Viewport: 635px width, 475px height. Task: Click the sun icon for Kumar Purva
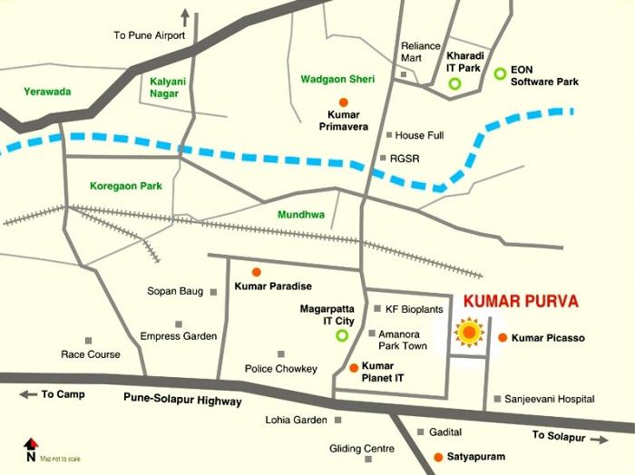(x=468, y=334)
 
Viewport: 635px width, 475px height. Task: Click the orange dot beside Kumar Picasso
(x=503, y=338)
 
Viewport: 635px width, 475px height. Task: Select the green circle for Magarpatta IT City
(x=342, y=335)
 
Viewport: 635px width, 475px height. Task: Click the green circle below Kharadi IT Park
(x=454, y=84)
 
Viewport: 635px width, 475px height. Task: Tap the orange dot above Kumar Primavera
(x=343, y=102)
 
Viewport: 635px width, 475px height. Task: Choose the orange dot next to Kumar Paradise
(x=256, y=272)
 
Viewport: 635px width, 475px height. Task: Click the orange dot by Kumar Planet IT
(x=354, y=367)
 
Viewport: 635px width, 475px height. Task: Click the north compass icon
(x=31, y=445)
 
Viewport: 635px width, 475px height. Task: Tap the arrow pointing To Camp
(x=28, y=394)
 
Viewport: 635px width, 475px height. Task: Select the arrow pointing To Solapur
(x=600, y=439)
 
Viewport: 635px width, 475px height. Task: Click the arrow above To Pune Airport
(x=186, y=16)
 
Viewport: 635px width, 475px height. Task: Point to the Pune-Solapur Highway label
(x=182, y=401)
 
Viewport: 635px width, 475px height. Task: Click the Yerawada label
(x=49, y=92)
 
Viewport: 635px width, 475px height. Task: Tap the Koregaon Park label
(x=125, y=186)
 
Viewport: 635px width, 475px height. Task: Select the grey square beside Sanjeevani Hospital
(x=497, y=399)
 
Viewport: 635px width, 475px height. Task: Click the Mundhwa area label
(x=301, y=215)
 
